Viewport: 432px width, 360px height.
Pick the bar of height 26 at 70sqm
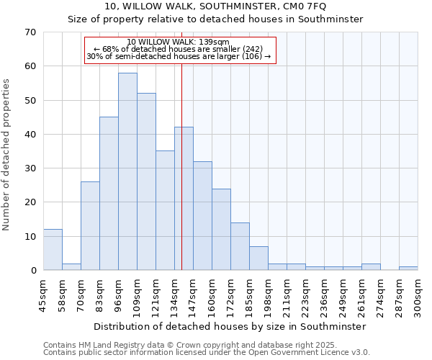(x=90, y=226)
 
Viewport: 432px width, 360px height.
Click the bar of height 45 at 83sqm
(x=109, y=194)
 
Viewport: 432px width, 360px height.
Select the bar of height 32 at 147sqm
(x=202, y=216)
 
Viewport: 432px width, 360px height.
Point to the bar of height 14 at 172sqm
(x=240, y=246)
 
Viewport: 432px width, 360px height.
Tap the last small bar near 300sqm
(x=408, y=269)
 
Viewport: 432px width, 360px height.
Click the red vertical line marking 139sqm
(x=181, y=180)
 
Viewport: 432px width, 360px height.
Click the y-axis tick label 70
(x=30, y=32)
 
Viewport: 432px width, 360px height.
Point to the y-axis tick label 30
(x=30, y=168)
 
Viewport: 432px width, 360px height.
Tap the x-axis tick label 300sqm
(x=417, y=294)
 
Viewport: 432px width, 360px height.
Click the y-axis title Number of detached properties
(x=7, y=155)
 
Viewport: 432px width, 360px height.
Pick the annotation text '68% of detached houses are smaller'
(x=183, y=49)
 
